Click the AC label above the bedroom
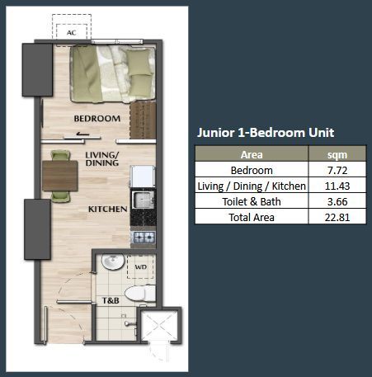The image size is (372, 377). [x=72, y=34]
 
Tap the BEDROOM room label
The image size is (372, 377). [x=97, y=119]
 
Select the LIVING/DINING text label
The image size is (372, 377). [x=102, y=158]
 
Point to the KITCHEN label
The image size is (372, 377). [x=107, y=210]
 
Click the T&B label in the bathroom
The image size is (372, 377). [x=111, y=300]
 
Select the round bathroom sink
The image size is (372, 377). [x=111, y=264]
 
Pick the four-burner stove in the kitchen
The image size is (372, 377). [x=144, y=238]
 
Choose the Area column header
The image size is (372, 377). [x=252, y=154]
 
